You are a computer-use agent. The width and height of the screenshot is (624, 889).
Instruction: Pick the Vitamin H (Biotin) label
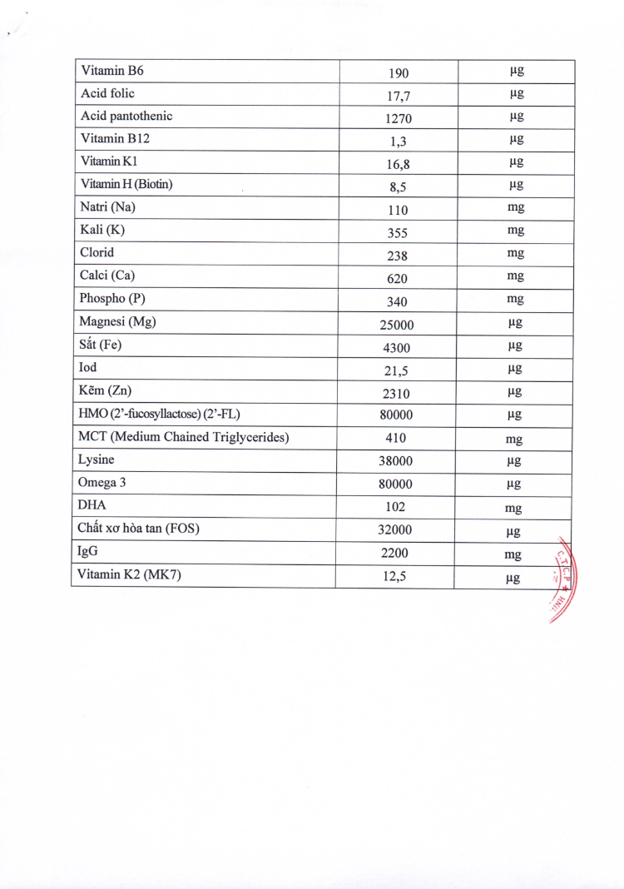[x=126, y=184]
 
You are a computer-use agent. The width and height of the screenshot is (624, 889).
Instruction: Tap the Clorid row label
[x=97, y=252]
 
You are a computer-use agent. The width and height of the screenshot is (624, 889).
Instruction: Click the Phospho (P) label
[x=112, y=298]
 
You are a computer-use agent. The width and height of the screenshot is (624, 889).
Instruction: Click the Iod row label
[x=88, y=366]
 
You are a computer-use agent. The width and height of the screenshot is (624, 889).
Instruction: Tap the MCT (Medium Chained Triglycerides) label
[x=184, y=437]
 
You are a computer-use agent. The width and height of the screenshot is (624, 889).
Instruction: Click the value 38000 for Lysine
[x=396, y=462]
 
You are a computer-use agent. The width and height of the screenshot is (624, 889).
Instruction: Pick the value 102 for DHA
[x=396, y=508]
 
